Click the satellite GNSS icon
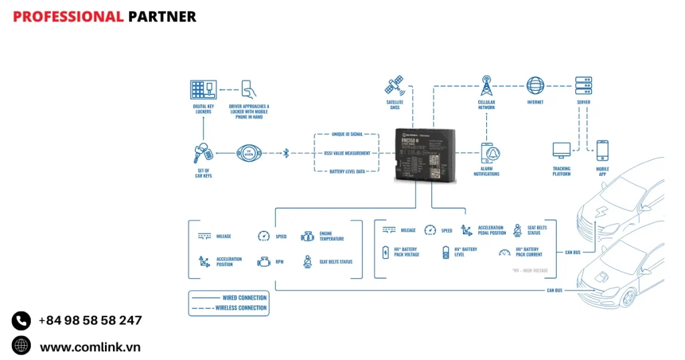[393, 86]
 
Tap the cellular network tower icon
[486, 86]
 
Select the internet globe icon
[535, 86]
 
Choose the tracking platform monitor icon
[561, 151]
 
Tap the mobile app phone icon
[602, 151]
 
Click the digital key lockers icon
[203, 90]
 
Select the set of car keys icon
[203, 154]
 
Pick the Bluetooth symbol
[286, 153]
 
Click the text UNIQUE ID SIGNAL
[347, 134]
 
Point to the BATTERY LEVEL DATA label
[347, 172]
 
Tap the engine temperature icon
[307, 236]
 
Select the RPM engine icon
[264, 262]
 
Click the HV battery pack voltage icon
[385, 252]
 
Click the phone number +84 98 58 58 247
[90, 321]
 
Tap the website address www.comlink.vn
[90, 347]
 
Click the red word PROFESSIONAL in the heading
[68, 17]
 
